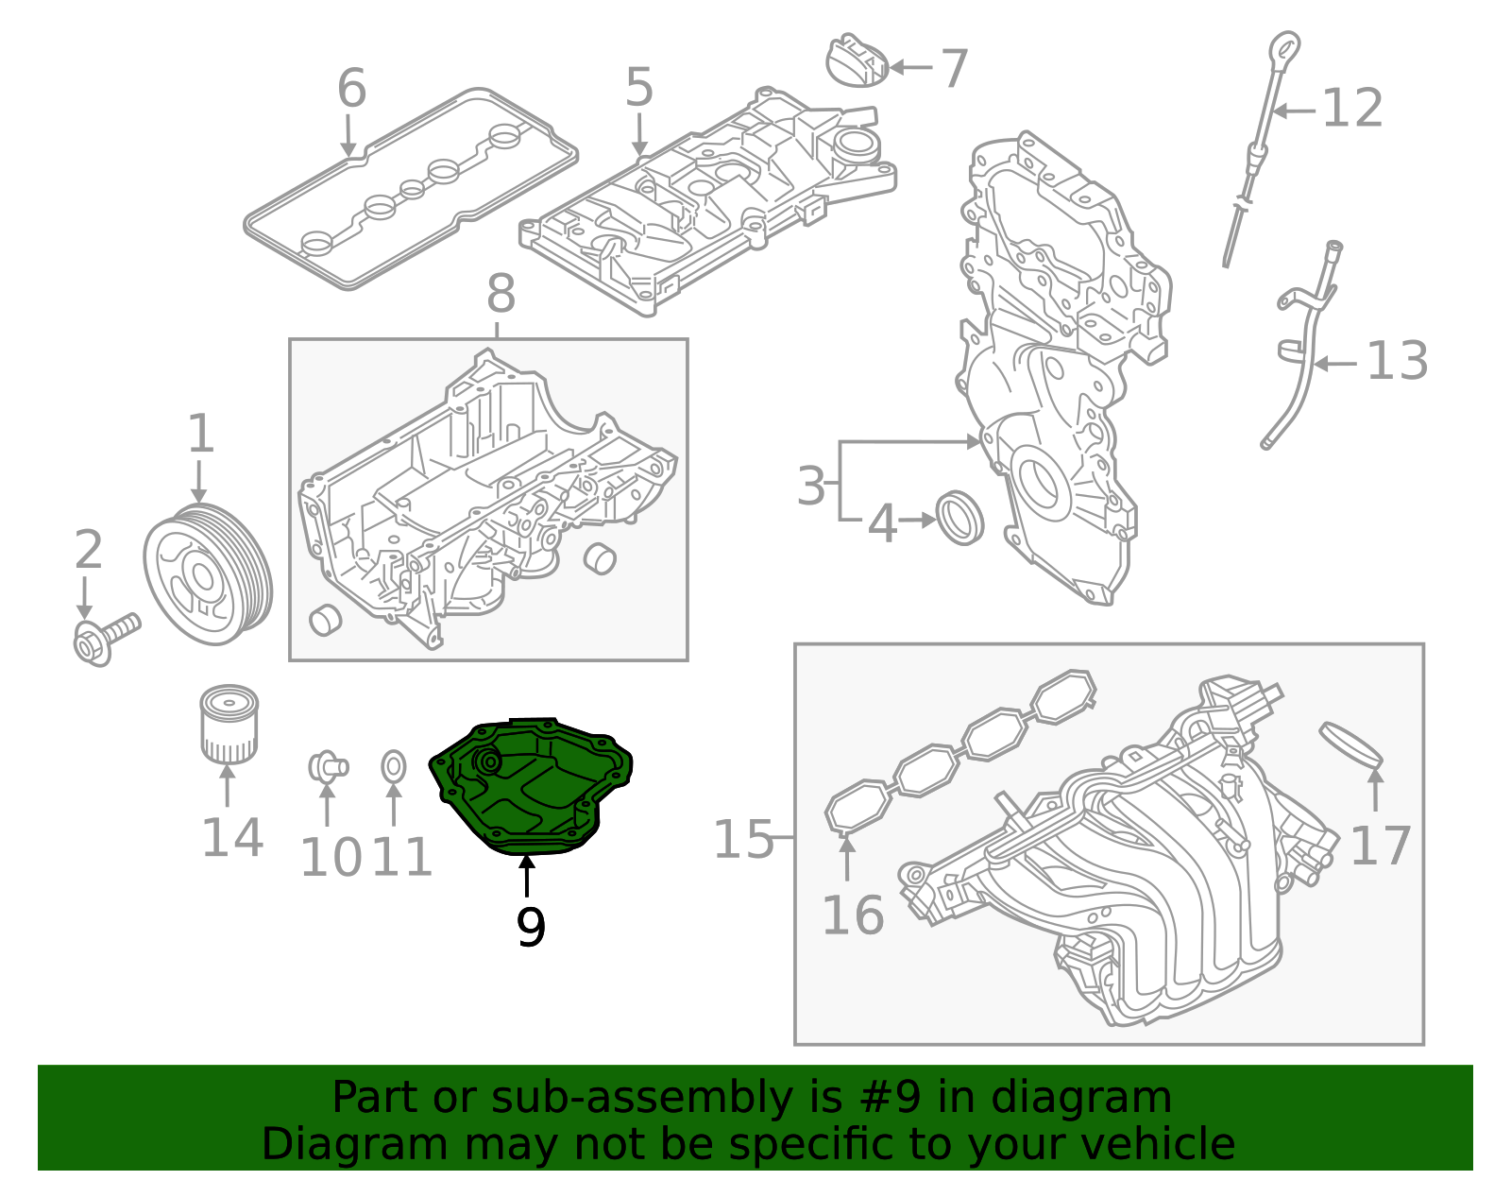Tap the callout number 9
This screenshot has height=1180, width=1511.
click(x=531, y=928)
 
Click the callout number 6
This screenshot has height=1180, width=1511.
click(x=351, y=89)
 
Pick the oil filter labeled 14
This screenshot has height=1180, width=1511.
click(x=229, y=724)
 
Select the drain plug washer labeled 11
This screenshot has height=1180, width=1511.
click(x=394, y=767)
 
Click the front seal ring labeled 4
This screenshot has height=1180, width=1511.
click(x=959, y=518)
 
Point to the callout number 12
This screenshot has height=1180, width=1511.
click(x=1352, y=109)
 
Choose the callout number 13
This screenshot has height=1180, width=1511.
click(x=1398, y=362)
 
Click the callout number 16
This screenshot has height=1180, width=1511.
click(x=853, y=915)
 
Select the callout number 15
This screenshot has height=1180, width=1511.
click(x=743, y=840)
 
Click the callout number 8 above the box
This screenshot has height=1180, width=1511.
click(x=501, y=295)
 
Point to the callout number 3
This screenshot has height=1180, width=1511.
click(x=811, y=487)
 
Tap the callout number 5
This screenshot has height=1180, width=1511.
click(x=639, y=88)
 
